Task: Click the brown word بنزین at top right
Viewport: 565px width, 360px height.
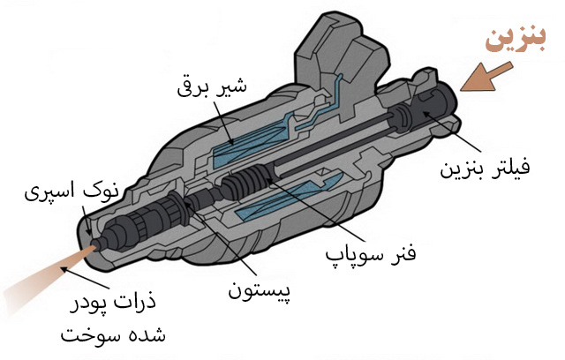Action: pyautogui.click(x=516, y=40)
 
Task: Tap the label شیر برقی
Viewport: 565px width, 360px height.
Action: pyautogui.click(x=212, y=86)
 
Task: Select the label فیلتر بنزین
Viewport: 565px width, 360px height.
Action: pyautogui.click(x=485, y=168)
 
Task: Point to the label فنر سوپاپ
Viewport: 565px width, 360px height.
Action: pyautogui.click(x=371, y=254)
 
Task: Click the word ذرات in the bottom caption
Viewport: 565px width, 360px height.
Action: pyautogui.click(x=138, y=300)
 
